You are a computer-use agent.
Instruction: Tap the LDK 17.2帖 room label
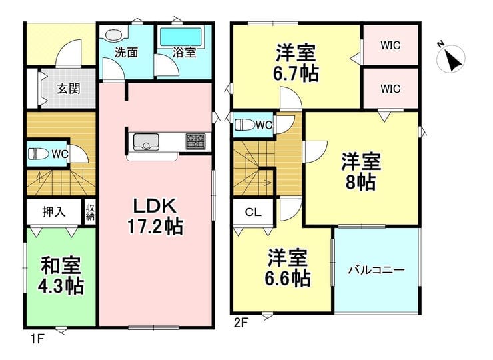click(x=155, y=217)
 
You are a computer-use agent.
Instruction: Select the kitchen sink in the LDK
click(x=146, y=142)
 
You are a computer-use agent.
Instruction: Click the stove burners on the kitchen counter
click(x=195, y=141)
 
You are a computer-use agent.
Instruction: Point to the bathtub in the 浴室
click(x=181, y=37)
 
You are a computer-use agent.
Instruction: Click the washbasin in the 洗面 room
click(x=113, y=35)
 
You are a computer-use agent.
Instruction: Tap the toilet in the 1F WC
click(x=39, y=154)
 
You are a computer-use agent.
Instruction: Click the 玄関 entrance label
click(x=68, y=89)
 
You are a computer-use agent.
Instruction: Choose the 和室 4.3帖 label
click(x=61, y=275)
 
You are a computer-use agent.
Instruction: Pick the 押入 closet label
click(x=54, y=212)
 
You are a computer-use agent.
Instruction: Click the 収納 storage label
click(x=90, y=212)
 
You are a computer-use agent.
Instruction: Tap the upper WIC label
click(x=390, y=45)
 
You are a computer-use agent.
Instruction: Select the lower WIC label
click(x=390, y=89)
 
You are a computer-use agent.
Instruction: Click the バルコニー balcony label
click(x=376, y=270)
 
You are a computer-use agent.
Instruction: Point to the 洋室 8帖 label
click(x=361, y=171)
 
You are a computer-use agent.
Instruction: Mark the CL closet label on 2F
click(x=253, y=213)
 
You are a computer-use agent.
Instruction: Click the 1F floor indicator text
click(x=37, y=339)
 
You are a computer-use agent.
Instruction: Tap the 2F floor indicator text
click(x=241, y=323)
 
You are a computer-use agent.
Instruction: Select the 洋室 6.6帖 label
click(x=287, y=268)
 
